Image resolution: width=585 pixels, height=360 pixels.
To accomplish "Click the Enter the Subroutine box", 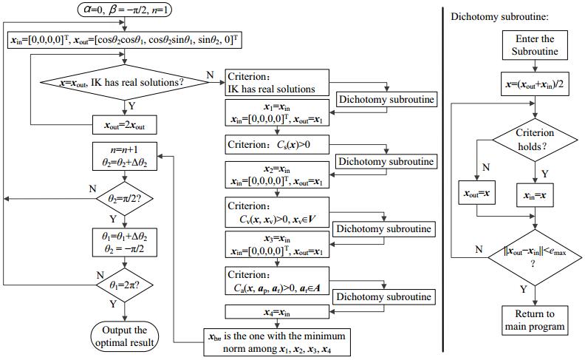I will [x=536, y=45].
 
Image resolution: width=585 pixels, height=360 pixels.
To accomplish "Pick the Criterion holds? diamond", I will [x=536, y=138].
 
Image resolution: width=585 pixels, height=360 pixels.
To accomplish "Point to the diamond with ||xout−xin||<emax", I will [x=536, y=256].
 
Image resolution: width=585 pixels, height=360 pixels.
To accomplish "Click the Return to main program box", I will [x=536, y=319].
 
